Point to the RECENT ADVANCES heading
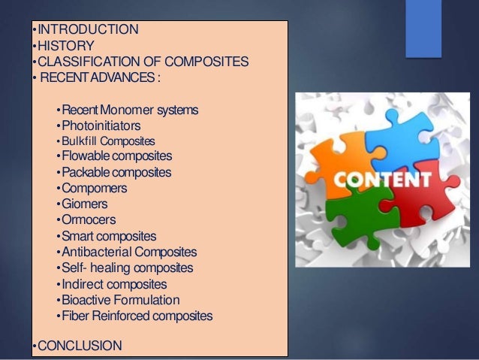[101, 77]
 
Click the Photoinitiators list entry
[101, 126]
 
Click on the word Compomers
[94, 188]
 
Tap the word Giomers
[85, 204]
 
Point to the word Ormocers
[89, 219]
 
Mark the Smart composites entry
[109, 236]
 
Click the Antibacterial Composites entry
[128, 252]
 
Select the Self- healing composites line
[127, 268]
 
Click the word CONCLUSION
[78, 346]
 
